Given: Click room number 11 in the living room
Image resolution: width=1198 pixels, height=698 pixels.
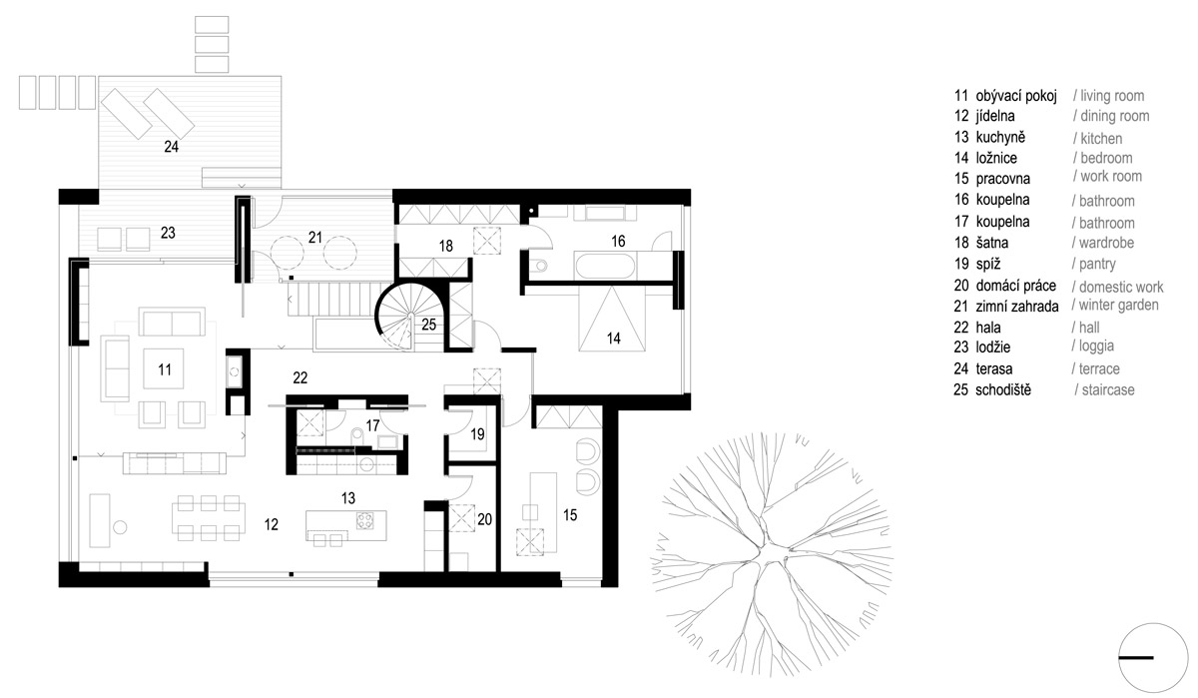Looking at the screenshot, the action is (165, 369).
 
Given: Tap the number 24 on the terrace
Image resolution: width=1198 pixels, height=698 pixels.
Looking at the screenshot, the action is (171, 147).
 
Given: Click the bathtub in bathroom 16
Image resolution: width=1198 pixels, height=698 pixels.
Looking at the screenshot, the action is (605, 266).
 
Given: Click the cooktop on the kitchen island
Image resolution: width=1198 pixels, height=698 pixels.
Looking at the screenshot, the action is (365, 520).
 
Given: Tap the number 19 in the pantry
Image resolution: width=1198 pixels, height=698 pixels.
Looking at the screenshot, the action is (477, 433).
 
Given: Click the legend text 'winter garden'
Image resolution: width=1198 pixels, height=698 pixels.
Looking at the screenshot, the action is (1119, 306).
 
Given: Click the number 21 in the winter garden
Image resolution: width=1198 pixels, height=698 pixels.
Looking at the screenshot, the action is (315, 237).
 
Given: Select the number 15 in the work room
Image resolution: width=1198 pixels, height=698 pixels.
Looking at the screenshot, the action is (570, 515).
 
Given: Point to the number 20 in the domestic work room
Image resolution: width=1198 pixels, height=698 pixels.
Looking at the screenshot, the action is (484, 519).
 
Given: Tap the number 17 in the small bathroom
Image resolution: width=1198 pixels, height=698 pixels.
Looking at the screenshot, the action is (372, 425).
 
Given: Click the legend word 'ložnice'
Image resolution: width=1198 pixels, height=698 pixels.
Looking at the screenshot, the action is (996, 158).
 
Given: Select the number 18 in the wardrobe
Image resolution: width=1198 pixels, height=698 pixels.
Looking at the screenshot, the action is (445, 246).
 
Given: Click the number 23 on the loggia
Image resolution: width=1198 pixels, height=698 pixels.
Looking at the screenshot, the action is (168, 233).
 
